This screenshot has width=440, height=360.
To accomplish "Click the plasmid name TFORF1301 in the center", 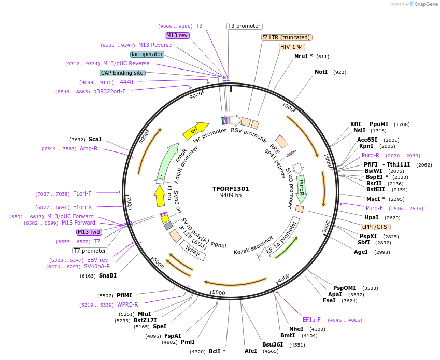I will coord(231,189).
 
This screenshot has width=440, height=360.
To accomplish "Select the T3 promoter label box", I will coord(245,26).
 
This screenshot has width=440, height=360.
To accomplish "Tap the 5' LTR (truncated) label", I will coord(287,37).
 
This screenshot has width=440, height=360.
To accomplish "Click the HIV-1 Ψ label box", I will coord(292,47).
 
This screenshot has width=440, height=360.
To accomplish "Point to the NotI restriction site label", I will coord(321,72).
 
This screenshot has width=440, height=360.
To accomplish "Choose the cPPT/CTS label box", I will coord(376,227).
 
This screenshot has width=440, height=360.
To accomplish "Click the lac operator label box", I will coord(148,54).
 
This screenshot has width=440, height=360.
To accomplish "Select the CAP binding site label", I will coord(122,73).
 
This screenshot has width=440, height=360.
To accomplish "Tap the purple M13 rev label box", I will coord(177,35).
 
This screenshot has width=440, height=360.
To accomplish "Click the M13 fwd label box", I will coord(89,232).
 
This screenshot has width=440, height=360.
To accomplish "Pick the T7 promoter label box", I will coord(90,251).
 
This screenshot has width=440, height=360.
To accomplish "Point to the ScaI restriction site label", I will coord(95,139).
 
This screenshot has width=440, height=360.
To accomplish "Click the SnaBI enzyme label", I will coord(108,275).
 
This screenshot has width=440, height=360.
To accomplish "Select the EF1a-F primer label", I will coord(311,320).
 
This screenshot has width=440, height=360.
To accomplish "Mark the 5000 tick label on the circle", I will coord(219,293).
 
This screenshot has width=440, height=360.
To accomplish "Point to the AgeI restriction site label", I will coord(361,252).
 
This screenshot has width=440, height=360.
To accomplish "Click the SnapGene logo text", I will coord(424,4).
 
